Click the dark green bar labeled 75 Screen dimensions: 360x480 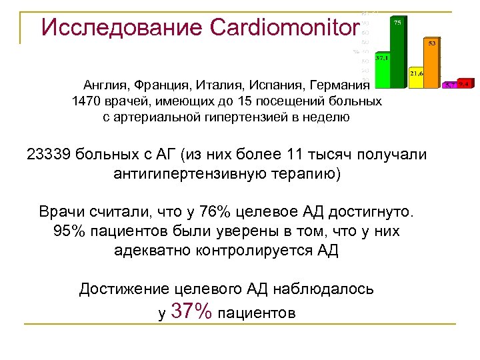[397, 53]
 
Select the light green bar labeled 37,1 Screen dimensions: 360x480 [382, 72]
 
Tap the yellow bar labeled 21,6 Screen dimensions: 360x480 [417, 79]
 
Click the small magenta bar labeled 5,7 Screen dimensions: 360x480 [451, 85]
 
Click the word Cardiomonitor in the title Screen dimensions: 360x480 [279, 27]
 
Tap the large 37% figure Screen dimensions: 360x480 [192, 311]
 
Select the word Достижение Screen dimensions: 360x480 [125, 289]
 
